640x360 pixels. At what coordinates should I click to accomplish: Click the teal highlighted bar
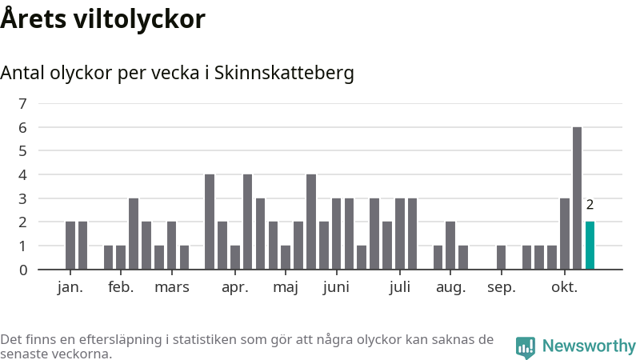tap(590, 246)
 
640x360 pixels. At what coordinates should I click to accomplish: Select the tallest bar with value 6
tap(577, 198)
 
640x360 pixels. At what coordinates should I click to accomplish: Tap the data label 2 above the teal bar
tap(590, 205)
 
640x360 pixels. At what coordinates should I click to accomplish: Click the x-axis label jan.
tap(70, 288)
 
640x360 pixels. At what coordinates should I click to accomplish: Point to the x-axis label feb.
tap(121, 288)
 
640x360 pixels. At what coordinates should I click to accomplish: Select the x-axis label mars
tap(171, 288)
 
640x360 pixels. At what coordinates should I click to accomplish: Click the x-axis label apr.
tap(235, 288)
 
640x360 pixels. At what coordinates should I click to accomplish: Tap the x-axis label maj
tap(286, 288)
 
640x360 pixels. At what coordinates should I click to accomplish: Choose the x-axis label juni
tap(336, 288)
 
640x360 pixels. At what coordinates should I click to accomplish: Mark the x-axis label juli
tap(399, 288)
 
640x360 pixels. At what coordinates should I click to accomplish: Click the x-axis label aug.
tap(450, 288)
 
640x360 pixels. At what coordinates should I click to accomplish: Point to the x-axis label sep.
tap(501, 288)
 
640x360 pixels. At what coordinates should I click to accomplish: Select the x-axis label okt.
tap(564, 288)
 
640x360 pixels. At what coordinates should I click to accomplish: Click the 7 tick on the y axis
tap(22, 103)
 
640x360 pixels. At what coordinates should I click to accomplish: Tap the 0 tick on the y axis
tap(22, 270)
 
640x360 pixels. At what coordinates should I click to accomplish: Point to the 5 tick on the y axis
tap(22, 150)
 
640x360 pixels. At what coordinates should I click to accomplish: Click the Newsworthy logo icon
tap(526, 347)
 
